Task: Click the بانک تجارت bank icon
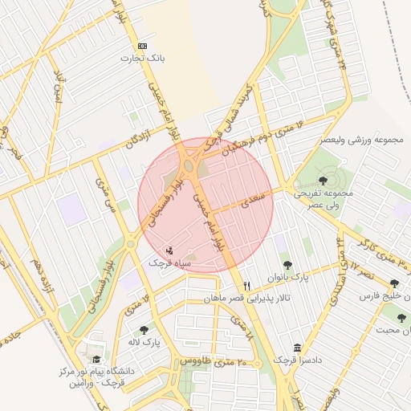tap(143, 46)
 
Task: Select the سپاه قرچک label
tap(168, 262)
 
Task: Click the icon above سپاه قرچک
tap(169, 250)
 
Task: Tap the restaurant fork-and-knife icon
tap(247, 286)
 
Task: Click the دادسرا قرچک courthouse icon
tap(299, 348)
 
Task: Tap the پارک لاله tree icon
tap(144, 329)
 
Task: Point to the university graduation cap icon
tap(98, 360)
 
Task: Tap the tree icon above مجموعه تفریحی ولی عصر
tap(323, 180)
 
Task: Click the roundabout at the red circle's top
tap(193, 165)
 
